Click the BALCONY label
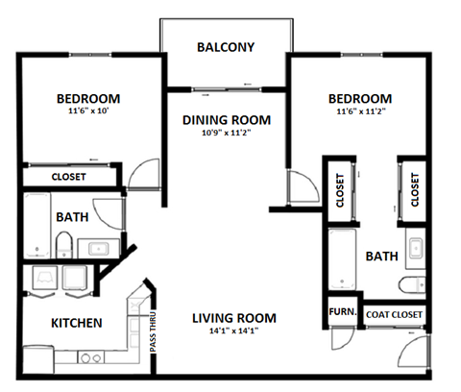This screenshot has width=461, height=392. click(225, 47)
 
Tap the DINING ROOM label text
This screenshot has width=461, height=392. click(227, 120)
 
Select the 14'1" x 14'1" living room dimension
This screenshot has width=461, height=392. click(233, 331)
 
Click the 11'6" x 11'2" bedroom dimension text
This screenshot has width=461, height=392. click(359, 111)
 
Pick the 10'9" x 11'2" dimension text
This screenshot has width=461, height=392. click(227, 134)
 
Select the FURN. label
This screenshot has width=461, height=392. click(341, 312)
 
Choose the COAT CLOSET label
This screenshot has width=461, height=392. click(393, 313)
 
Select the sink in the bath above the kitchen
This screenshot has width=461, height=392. click(98, 248)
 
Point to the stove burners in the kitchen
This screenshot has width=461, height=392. click(89, 358)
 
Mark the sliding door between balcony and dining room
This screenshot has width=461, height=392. click(226, 89)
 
